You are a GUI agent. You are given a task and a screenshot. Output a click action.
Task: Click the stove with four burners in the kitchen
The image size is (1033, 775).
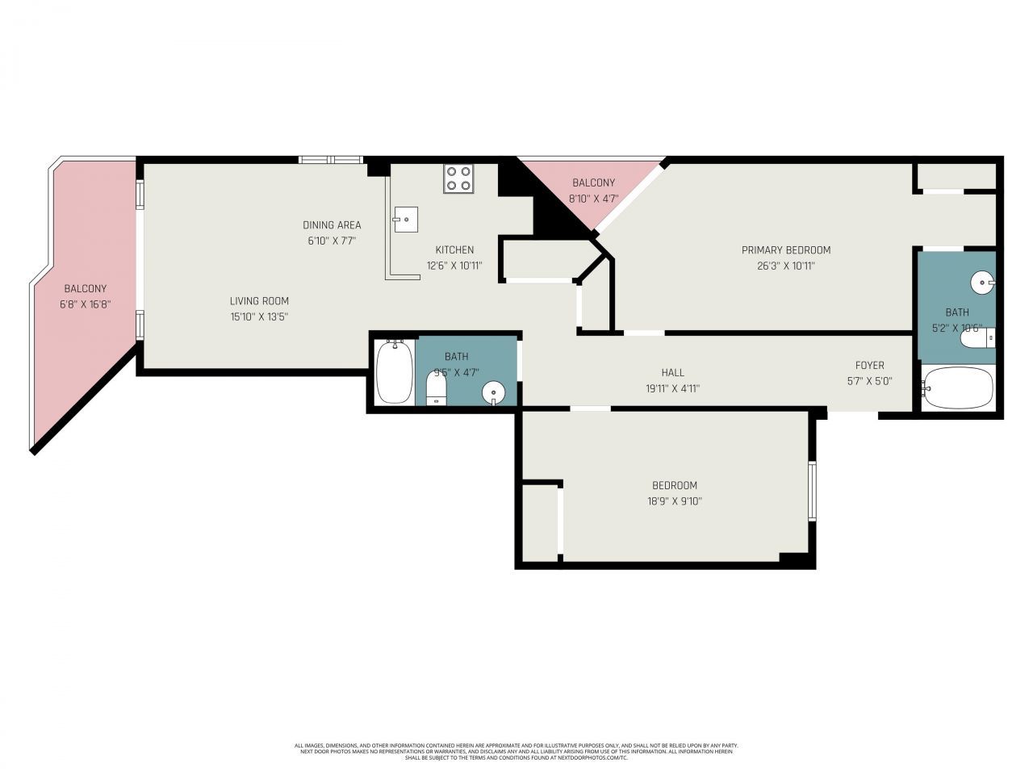(458, 178)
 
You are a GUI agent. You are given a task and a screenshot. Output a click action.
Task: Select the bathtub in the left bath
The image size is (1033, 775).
(395, 371)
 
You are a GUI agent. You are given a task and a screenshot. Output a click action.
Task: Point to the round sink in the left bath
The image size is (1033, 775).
(492, 393)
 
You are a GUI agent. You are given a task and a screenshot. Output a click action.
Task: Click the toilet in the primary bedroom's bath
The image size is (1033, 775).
(977, 338)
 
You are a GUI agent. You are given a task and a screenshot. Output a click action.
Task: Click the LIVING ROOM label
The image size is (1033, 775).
(259, 301)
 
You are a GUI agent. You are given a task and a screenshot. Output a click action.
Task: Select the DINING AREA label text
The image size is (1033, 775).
(332, 225)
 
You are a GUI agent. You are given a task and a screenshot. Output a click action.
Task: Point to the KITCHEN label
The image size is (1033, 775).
(454, 249)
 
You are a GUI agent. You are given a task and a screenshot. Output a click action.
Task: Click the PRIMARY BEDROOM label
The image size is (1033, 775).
(785, 250)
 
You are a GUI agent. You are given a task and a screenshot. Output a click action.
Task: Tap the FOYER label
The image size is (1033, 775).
(869, 366)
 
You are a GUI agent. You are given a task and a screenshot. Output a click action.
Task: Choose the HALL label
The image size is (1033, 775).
(672, 372)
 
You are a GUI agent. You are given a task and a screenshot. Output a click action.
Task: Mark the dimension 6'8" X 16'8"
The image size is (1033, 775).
(85, 304)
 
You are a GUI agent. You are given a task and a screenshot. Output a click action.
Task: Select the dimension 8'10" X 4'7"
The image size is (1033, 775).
(593, 199)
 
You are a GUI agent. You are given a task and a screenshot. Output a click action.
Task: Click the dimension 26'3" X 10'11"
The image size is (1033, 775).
(785, 266)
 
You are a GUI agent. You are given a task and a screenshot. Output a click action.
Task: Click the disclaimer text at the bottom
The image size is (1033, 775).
(516, 752)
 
